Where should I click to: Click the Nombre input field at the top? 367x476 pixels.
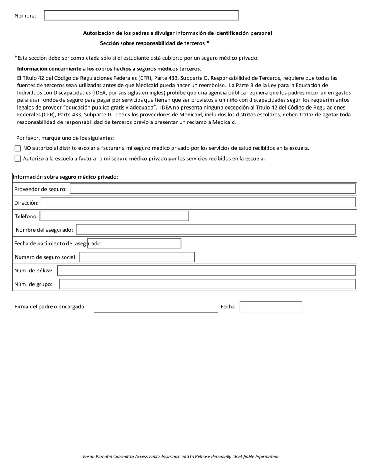(x=141, y=15)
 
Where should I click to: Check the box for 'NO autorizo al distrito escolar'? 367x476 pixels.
(x=17, y=148)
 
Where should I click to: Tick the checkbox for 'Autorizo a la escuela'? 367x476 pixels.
(x=17, y=159)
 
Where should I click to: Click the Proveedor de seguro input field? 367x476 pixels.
(x=212, y=189)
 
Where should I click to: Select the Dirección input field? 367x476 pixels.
(x=198, y=203)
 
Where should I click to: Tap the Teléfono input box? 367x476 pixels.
(x=114, y=216)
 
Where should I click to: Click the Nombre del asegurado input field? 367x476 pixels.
(x=216, y=230)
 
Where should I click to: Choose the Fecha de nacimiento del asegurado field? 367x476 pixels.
(x=134, y=243)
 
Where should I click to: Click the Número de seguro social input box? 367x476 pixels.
(x=137, y=257)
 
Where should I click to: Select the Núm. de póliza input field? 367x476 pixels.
(x=206, y=271)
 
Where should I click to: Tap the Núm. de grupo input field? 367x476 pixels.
(x=207, y=284)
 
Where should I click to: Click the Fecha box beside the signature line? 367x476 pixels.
(x=270, y=307)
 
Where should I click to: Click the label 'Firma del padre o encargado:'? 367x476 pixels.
(x=50, y=307)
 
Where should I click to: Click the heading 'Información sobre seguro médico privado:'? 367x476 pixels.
(x=65, y=177)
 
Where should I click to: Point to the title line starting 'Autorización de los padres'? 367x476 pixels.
(x=177, y=33)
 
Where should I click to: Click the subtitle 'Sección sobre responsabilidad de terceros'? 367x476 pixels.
(x=154, y=43)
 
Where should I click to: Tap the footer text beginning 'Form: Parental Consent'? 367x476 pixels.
(x=180, y=457)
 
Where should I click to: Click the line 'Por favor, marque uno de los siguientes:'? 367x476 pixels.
(x=65, y=138)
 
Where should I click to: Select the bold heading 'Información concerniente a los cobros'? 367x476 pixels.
(x=109, y=69)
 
